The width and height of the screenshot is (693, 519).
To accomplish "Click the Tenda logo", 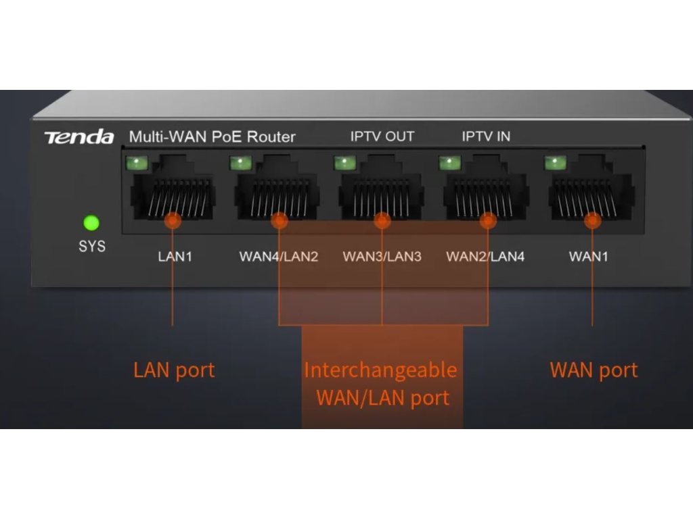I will pos(79,137).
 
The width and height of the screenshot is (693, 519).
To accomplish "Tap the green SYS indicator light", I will pos(91,223).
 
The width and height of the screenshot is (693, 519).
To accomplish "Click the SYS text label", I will pos(92,246).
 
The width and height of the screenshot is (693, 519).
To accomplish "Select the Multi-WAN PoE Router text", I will pos(213,137).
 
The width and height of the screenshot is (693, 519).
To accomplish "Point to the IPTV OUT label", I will pos(382,137).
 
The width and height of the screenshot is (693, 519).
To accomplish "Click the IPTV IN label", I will pos(486,137).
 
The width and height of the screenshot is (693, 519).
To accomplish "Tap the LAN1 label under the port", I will pos(175,257).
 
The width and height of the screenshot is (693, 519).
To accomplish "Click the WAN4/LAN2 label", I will pos(278,257).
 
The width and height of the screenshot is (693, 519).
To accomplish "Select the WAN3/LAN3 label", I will pos(382,257).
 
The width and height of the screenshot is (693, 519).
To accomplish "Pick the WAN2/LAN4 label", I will pos(485,257).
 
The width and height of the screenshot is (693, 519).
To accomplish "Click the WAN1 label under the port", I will pos(589,257).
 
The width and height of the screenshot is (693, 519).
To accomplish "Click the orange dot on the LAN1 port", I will pos(173,220).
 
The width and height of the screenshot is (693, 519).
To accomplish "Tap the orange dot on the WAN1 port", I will pos(593,220).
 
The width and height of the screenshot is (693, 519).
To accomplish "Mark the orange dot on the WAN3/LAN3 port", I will pos(382,220).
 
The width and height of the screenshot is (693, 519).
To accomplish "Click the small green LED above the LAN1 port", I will pos(137,163).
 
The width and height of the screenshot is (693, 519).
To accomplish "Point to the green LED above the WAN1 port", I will pos(555,163).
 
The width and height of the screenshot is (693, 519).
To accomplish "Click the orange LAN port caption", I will pos(174,370).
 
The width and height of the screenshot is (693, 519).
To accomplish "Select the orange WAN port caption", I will pos(594,370).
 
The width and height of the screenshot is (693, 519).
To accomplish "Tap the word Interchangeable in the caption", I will pos(380,370).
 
